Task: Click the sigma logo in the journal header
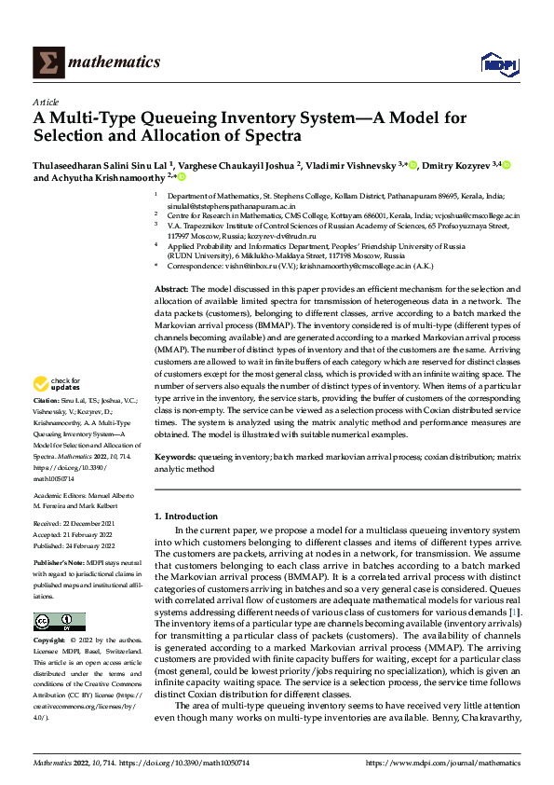(x=48, y=62)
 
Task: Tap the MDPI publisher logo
(x=498, y=62)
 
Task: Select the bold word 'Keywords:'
(x=175, y=458)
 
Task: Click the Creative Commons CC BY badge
(x=60, y=622)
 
